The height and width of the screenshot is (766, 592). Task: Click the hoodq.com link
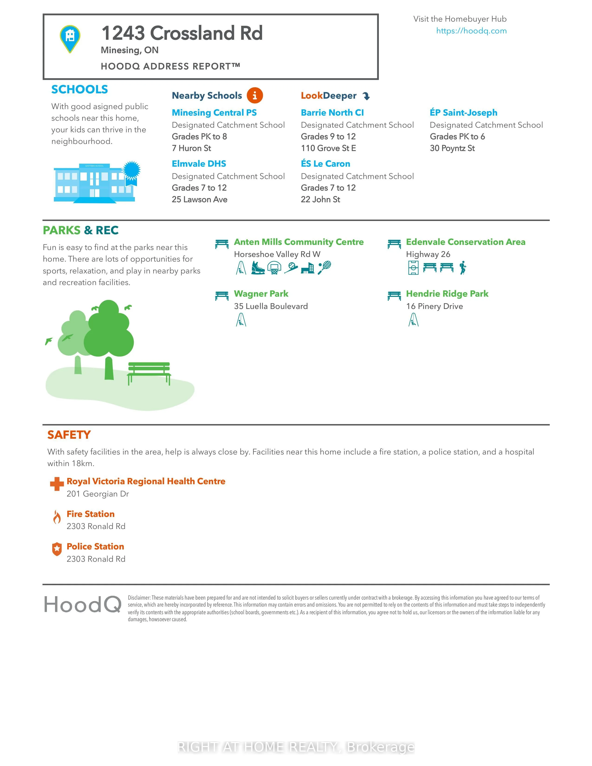tap(471, 31)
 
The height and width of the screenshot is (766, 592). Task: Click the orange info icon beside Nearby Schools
tap(255, 95)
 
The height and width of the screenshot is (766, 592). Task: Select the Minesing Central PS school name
tap(214, 113)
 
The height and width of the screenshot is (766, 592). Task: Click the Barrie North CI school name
tap(332, 113)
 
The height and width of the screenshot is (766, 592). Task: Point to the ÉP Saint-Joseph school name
tap(463, 113)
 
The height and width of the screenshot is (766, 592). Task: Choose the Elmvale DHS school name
tap(199, 164)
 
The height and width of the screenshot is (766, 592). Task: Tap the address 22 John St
tap(320, 200)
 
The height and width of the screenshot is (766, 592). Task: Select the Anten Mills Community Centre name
tap(299, 242)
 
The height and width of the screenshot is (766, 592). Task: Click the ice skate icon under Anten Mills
tap(258, 268)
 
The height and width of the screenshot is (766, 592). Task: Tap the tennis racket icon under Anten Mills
tap(324, 268)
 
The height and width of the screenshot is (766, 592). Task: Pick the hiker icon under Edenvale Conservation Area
tap(463, 268)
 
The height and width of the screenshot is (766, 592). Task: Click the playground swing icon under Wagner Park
tap(241, 320)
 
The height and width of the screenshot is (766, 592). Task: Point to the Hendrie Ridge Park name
tap(447, 294)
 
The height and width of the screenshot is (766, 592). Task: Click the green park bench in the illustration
tap(149, 373)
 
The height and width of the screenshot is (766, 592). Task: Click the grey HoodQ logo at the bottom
tap(83, 605)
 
